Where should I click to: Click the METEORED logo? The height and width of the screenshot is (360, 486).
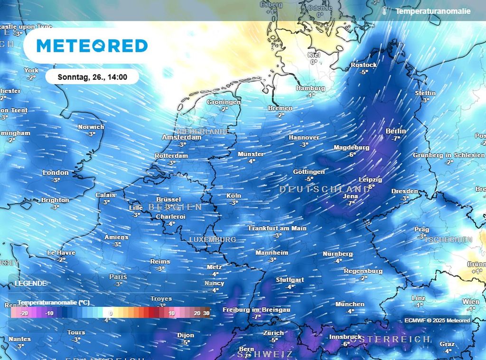click(x=92, y=46)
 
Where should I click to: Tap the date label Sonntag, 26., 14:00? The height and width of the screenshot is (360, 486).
click(x=92, y=76)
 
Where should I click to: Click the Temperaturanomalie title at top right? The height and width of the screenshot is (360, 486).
click(x=433, y=11)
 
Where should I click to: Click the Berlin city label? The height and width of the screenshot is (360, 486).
click(x=396, y=131)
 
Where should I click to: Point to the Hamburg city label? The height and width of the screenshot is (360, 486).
click(x=310, y=88)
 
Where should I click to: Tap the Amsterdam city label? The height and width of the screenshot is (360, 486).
click(x=181, y=137)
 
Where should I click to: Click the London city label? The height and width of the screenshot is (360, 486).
click(x=56, y=173)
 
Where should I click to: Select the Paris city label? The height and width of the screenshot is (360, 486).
click(x=118, y=277)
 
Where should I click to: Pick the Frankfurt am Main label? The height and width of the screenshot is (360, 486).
click(x=278, y=228)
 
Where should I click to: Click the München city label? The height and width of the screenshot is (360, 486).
click(x=350, y=304)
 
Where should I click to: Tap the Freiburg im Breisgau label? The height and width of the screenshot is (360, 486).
click(x=256, y=310)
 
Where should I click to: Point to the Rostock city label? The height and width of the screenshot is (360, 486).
click(x=364, y=65)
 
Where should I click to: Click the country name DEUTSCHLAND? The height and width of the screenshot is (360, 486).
click(x=325, y=189)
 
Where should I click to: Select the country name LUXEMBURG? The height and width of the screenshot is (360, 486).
click(x=212, y=240)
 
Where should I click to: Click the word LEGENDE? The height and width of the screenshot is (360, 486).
click(x=31, y=283)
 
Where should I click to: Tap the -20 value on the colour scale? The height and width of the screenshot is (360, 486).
click(x=24, y=313)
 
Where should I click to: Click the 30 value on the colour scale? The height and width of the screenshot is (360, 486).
click(x=206, y=313)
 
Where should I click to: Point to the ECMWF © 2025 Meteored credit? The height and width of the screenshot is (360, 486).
click(x=437, y=321)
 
